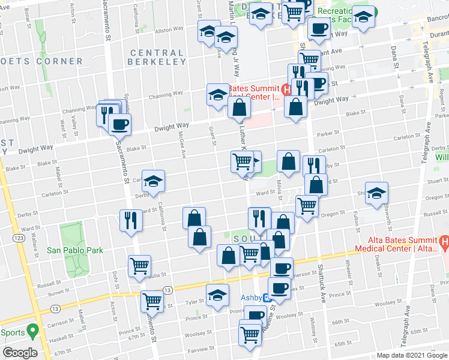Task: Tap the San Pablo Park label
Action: tap(75, 250)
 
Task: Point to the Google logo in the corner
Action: tap(20, 352)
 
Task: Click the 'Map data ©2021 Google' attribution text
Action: tap(411, 355)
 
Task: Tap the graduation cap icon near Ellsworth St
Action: tap(376, 193)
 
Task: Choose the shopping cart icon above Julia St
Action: tap(139, 265)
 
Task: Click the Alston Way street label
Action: tap(169, 29)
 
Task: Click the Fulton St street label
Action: tap(357, 223)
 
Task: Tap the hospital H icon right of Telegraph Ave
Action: tap(445, 244)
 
